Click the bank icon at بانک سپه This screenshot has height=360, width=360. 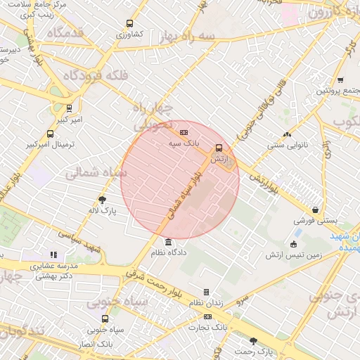pos(184,131)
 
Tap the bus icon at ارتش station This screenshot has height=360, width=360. pos(219,148)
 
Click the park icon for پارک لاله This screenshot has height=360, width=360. pos(102,199)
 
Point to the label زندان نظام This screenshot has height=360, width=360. pos(205,302)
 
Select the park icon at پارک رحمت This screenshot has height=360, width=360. pos(253,340)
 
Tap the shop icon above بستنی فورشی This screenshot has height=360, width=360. pos(315,210)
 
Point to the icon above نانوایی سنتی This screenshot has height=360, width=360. pos(286,134)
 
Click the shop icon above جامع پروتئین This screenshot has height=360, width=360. pos(340,80)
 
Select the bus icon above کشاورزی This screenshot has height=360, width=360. pos(128,23)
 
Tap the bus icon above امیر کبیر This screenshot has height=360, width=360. pos(68,108)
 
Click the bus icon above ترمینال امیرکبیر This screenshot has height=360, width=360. pos(49,134)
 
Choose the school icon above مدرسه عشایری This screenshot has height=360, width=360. pos(53,255)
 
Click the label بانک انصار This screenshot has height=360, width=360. pos(96,345)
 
